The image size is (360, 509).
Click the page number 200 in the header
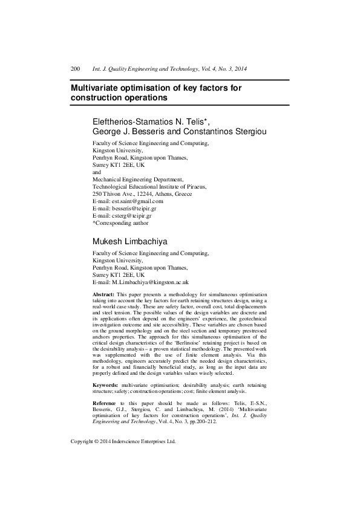tap(76, 70)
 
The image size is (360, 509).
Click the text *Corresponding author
tap(120, 222)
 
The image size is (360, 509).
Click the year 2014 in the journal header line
tap(240, 70)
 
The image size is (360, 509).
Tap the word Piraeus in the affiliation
tap(196, 187)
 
